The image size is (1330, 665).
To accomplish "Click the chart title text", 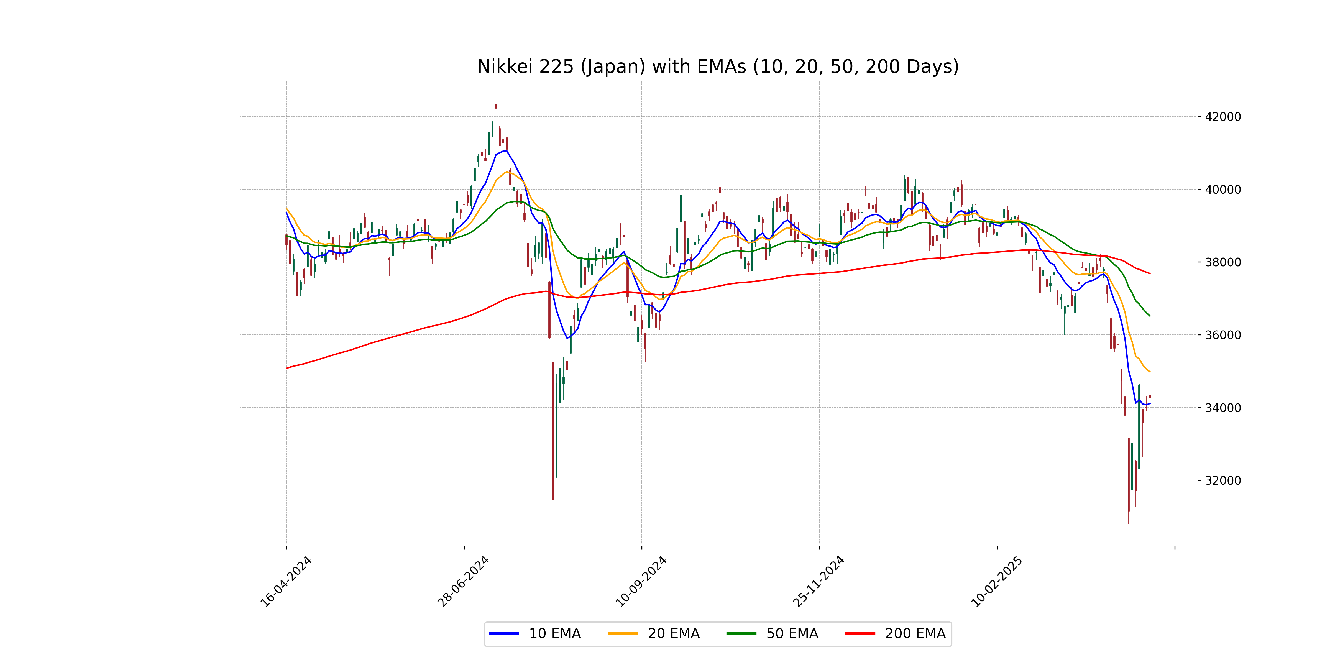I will [x=718, y=66].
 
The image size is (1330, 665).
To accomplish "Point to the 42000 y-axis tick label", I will [x=1222, y=117].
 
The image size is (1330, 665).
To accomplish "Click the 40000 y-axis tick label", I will [x=1222, y=190].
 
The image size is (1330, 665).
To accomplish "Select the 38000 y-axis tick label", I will [x=1222, y=262].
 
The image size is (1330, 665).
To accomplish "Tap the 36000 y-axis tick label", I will [x=1222, y=335].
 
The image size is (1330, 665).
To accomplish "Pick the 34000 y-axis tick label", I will [x=1222, y=408].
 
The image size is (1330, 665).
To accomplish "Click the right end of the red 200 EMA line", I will [x=1150, y=273].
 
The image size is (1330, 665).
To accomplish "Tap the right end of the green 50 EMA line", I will [x=1150, y=316].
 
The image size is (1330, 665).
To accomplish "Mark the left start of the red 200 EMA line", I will [x=287, y=368].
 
